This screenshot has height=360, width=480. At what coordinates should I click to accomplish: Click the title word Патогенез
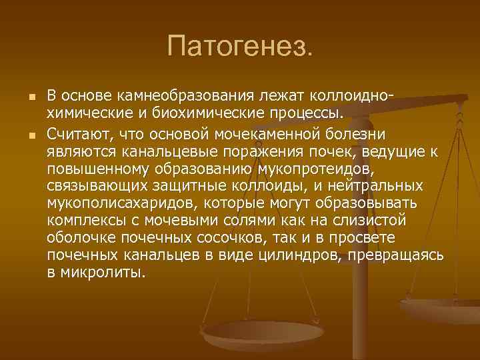239,47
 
